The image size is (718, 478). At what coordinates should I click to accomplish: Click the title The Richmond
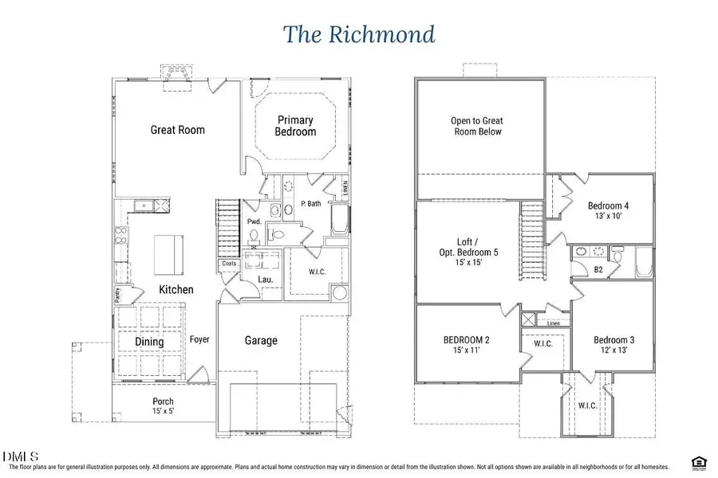tap(358, 34)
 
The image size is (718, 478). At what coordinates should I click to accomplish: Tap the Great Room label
tap(177, 130)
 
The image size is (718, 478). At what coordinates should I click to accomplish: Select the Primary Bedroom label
tap(295, 126)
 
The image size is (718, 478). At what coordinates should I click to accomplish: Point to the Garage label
tap(261, 340)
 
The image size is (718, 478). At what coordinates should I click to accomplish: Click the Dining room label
tap(149, 342)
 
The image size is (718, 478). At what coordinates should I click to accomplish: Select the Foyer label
tap(199, 339)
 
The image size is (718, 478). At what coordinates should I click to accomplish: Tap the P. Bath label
tap(310, 204)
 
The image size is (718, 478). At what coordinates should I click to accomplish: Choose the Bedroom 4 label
tap(610, 208)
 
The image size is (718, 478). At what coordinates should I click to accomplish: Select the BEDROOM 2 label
tap(467, 345)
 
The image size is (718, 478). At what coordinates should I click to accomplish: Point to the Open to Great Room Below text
tap(477, 126)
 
